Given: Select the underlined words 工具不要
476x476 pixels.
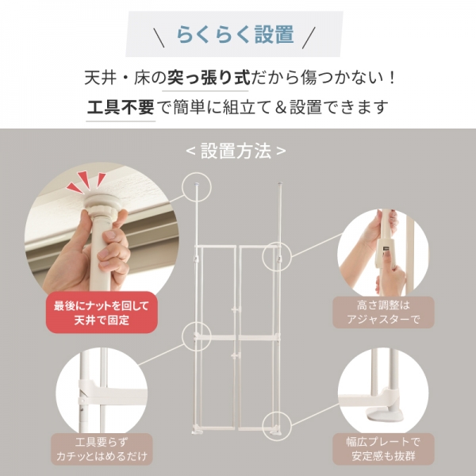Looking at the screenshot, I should coord(120,107).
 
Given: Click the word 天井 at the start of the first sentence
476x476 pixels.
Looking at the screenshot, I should coord(98,79).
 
